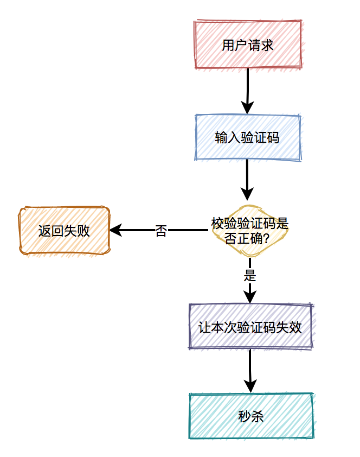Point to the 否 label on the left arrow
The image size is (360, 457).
click(161, 231)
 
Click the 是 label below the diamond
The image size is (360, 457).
click(250, 275)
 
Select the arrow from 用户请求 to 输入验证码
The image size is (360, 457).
click(248, 90)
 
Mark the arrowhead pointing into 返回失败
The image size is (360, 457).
click(115, 230)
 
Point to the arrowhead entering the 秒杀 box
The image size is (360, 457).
click(250, 387)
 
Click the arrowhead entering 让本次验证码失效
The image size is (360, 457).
click(250, 297)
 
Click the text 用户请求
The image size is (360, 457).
click(248, 45)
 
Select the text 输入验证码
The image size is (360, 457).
click(247, 138)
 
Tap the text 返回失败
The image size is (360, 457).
click(65, 231)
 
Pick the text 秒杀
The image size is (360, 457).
click(251, 416)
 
